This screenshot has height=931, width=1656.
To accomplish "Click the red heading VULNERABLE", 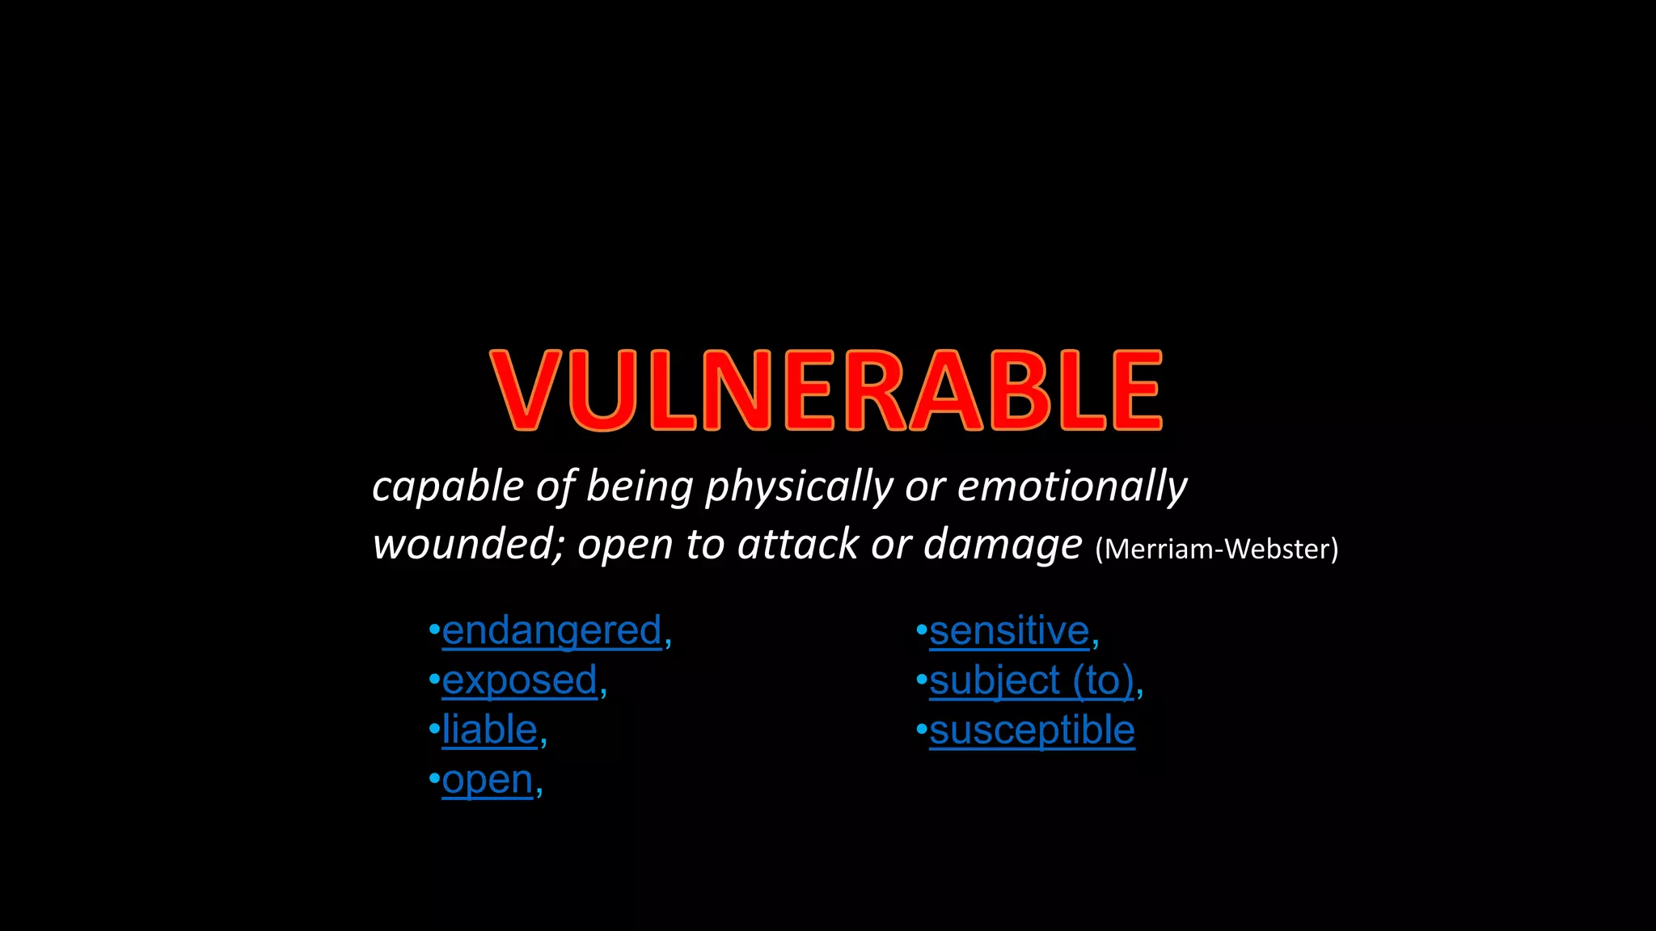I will pos(826,390).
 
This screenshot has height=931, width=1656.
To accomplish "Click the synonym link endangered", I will pos(552,630).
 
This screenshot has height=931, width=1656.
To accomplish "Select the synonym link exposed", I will pos(519,680).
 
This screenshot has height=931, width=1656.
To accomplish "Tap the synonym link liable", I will pos(489,730).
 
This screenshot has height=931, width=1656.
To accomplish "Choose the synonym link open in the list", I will pos(488,780).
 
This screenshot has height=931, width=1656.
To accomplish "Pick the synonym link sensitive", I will pos(1009,630).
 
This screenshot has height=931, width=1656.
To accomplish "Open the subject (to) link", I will pos(1032,680).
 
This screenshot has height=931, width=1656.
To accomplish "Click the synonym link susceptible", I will pos(1032,730).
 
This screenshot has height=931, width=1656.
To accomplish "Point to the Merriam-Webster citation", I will pos(1216,550).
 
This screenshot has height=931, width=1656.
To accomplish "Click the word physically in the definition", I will pos(799,487).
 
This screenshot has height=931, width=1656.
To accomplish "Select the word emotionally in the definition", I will pos(1072,487).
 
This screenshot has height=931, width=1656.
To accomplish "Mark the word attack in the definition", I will pos(799,544).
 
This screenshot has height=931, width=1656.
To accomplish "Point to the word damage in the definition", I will pos(1003,544).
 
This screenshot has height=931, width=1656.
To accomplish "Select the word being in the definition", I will pos(640,487).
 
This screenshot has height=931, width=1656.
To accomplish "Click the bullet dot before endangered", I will pos(434,628).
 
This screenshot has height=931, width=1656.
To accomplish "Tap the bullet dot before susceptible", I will pos(921,728).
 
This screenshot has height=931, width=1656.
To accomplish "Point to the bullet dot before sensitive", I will pos(921,628).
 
